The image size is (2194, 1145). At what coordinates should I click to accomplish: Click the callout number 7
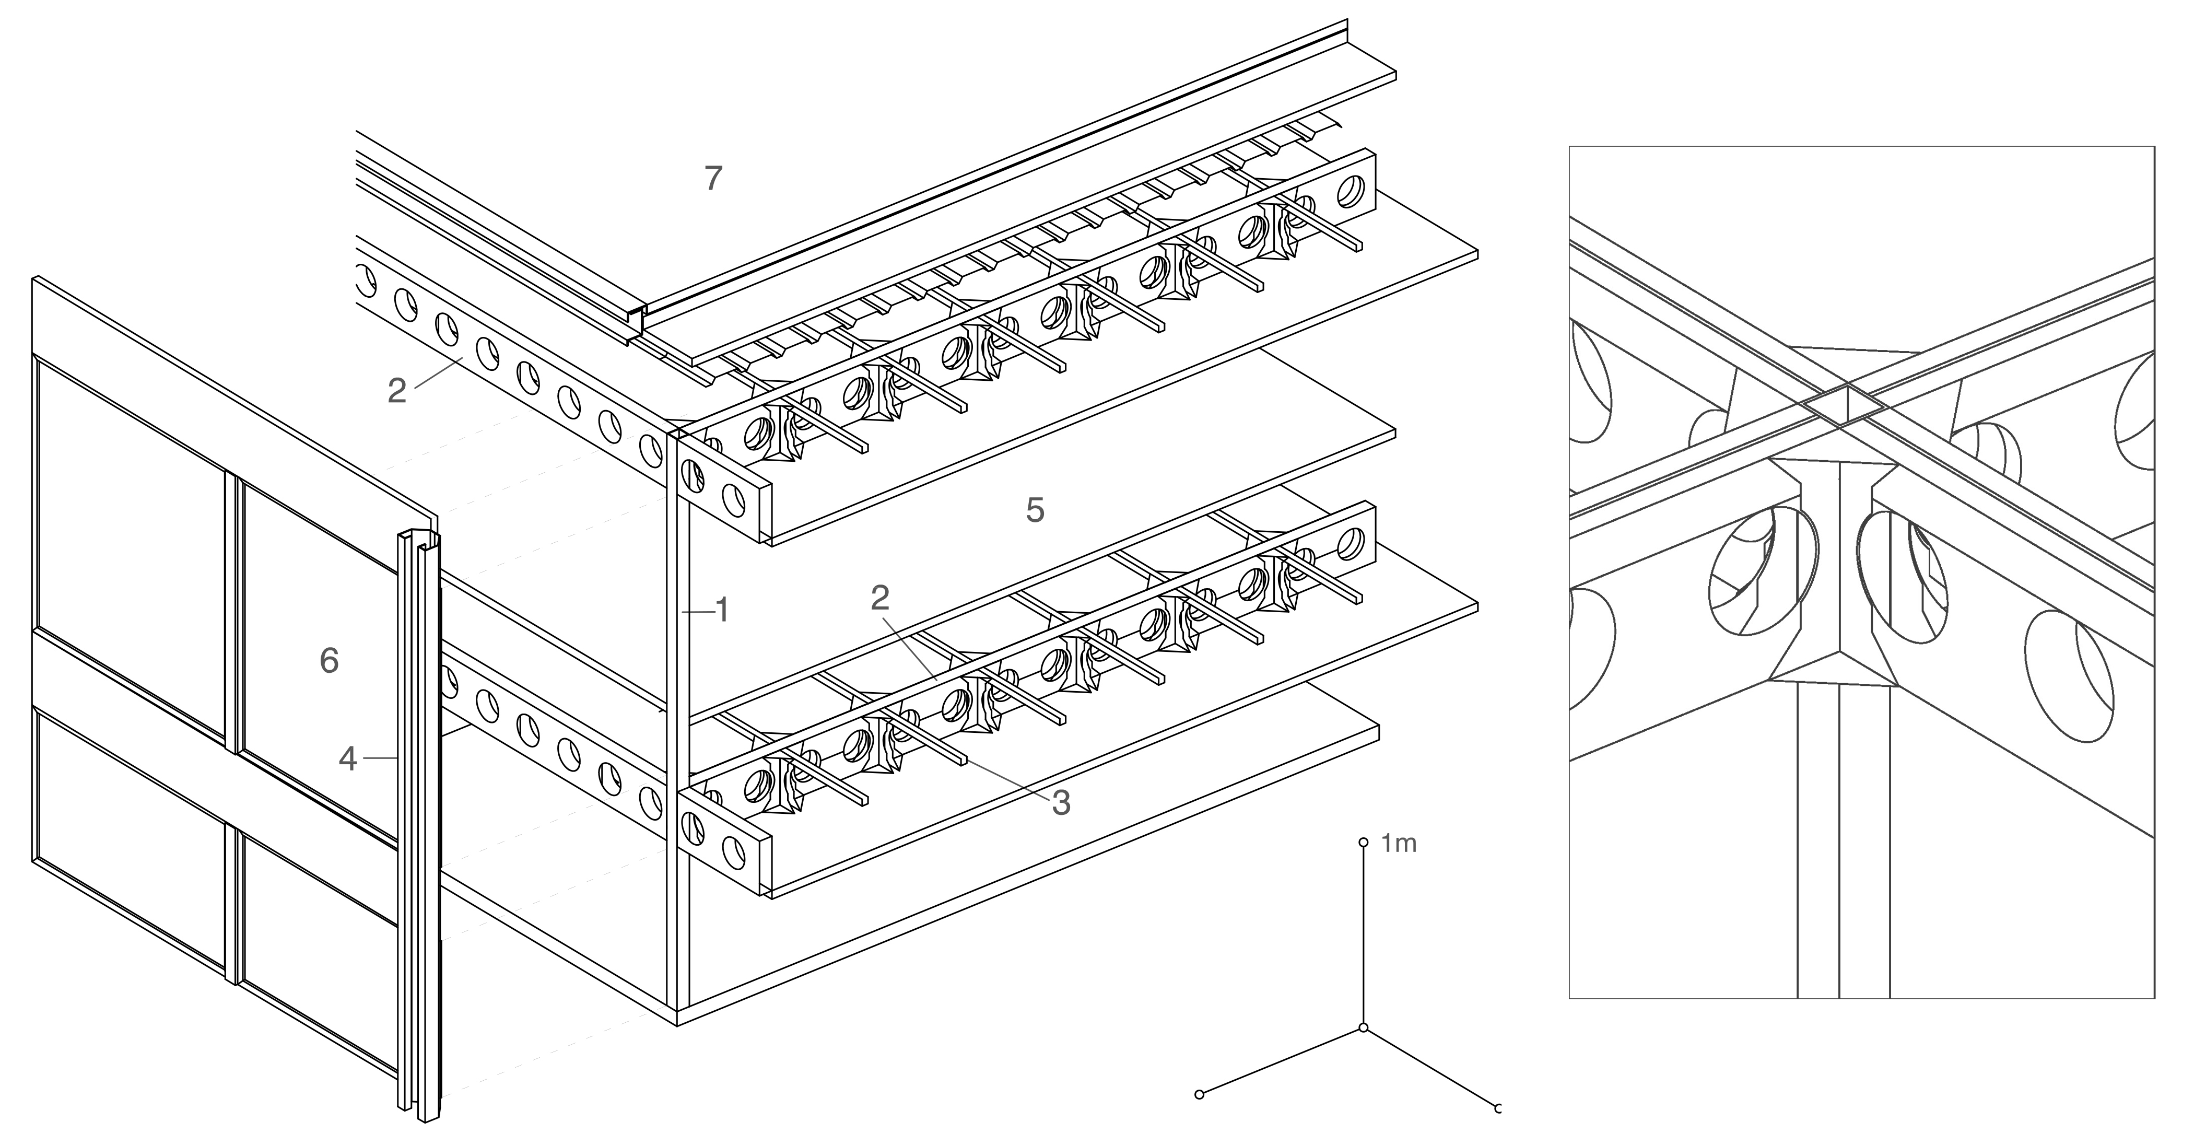click(714, 178)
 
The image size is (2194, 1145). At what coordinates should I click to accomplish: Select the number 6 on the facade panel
click(328, 660)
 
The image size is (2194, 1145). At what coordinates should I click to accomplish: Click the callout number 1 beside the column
click(722, 610)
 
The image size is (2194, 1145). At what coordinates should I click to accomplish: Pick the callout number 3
click(1060, 802)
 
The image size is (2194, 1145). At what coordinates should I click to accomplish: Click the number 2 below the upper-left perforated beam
click(397, 390)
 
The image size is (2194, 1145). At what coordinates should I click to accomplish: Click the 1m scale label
click(1399, 844)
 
